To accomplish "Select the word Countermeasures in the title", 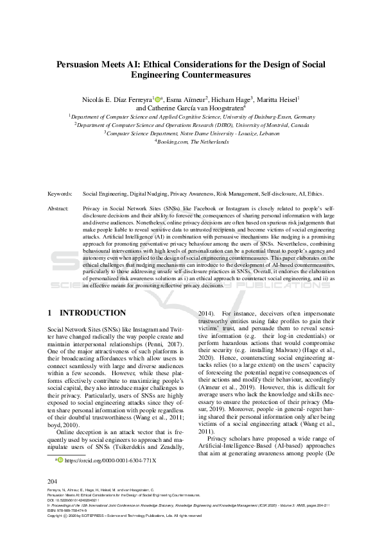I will point(220,74).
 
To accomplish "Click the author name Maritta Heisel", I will point(280,99).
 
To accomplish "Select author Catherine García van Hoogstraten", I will point(200,108).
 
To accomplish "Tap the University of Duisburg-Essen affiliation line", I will point(192,117).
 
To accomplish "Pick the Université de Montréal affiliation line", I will point(192,126).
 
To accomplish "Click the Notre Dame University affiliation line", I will point(192,134).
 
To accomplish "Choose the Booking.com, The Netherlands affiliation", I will point(192,142).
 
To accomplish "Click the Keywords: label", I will point(60,193).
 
